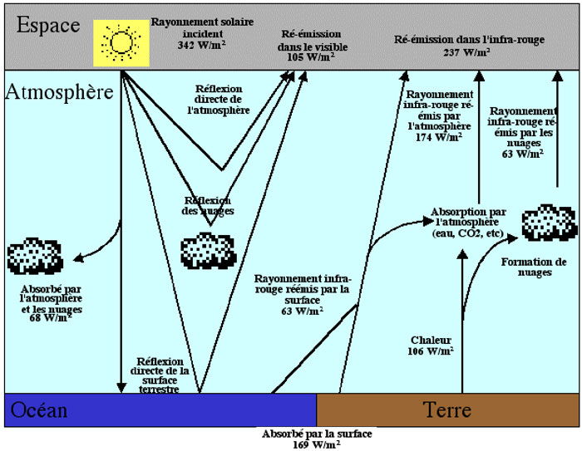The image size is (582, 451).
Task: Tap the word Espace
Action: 48,25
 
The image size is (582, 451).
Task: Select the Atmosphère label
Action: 59,91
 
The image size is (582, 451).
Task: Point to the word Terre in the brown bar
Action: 447,410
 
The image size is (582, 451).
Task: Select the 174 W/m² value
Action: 438,137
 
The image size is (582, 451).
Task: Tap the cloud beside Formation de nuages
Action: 548,224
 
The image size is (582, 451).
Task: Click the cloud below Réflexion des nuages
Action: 207,248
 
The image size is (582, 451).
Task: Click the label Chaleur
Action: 431,340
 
